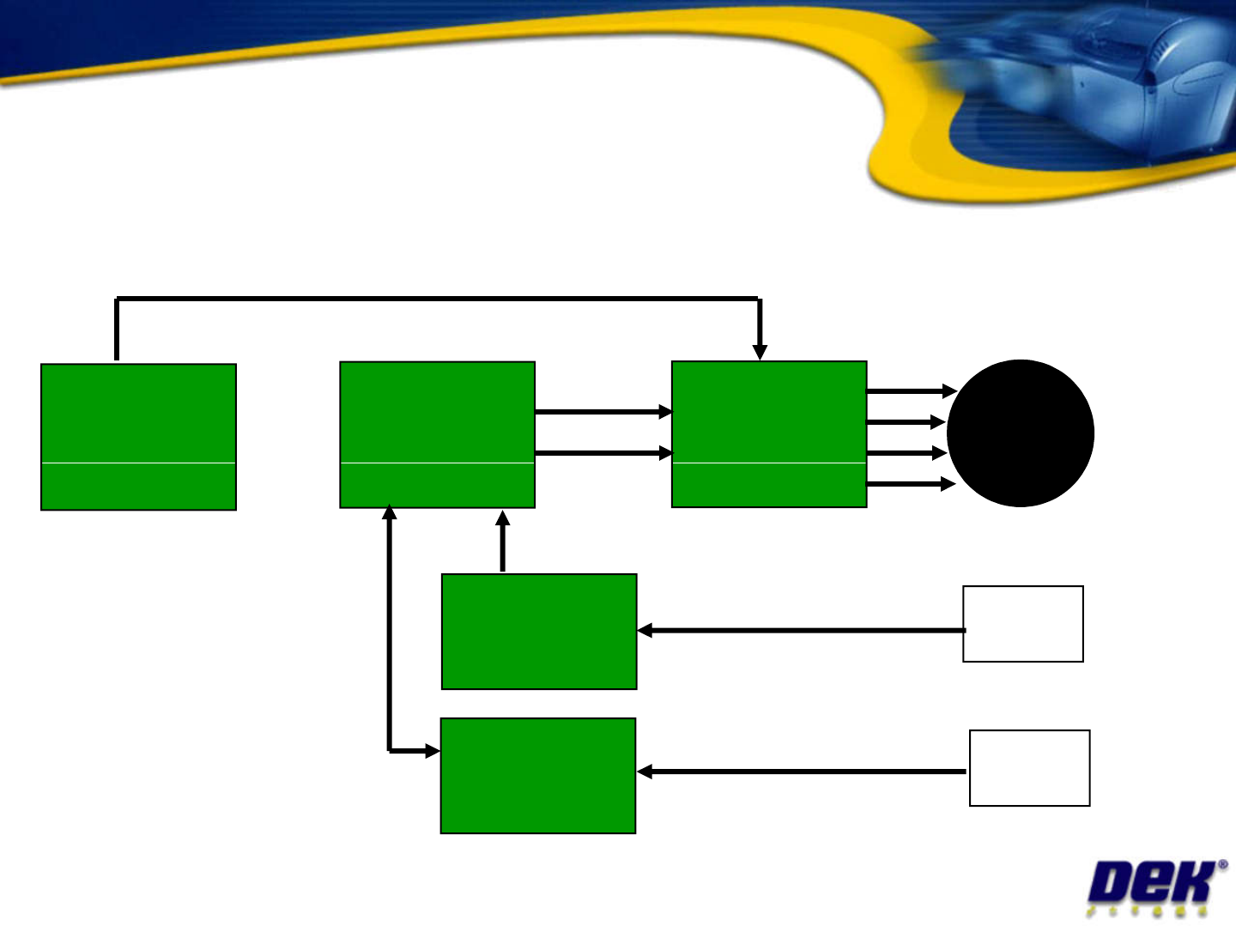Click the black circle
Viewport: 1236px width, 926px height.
1020,433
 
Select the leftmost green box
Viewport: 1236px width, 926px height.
138,437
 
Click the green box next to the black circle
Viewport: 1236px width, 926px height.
769,434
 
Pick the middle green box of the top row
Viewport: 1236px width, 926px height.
438,435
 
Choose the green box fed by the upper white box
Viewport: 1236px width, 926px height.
539,632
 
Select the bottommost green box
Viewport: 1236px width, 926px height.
538,776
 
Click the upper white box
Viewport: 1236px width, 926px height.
1023,624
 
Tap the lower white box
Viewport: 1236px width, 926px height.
1029,768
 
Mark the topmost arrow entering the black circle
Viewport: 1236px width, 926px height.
912,391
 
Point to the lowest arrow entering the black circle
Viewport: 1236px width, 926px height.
912,485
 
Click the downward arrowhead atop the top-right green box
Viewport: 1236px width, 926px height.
760,351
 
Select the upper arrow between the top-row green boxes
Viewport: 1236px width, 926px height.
603,412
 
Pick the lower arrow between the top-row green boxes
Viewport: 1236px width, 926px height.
603,452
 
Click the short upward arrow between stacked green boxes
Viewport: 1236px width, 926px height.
503,541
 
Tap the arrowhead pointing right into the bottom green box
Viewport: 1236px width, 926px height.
432,752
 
